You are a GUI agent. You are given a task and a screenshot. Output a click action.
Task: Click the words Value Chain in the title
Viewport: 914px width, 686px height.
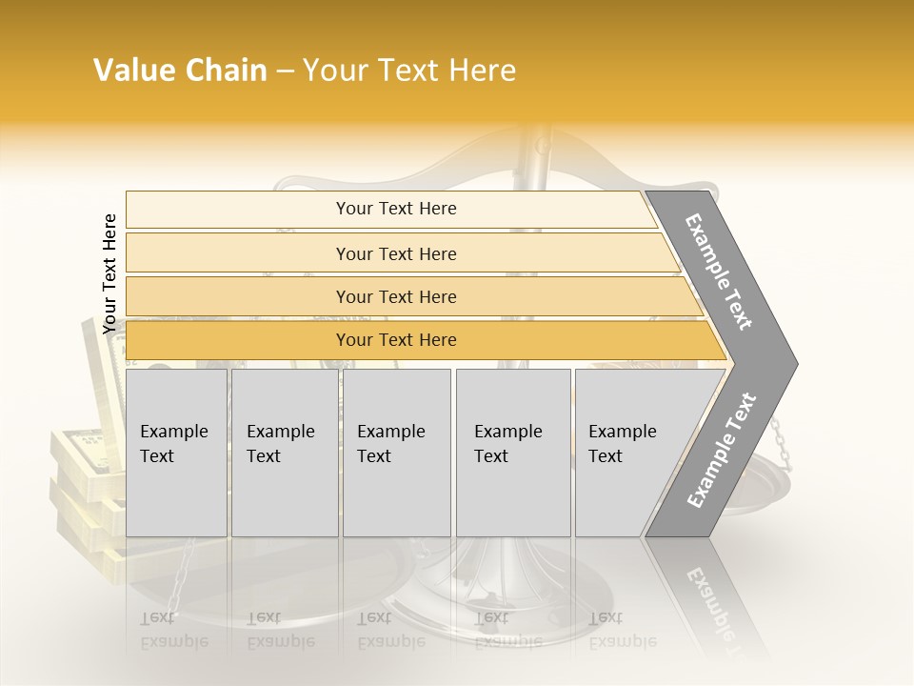point(180,71)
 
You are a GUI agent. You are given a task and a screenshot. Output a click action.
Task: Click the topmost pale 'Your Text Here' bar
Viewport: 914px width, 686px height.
point(395,209)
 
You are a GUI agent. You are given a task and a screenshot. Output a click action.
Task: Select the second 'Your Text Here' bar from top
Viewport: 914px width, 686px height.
point(395,253)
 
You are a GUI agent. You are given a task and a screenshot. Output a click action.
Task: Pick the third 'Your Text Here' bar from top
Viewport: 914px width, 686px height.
point(395,296)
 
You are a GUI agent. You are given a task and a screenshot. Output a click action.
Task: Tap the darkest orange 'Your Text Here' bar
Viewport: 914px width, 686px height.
point(395,340)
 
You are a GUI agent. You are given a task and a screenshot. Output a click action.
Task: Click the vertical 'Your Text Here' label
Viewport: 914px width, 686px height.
point(109,273)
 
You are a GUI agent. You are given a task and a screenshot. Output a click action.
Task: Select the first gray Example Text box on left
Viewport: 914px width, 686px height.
point(176,453)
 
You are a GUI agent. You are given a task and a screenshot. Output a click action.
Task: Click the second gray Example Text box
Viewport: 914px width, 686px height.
point(284,453)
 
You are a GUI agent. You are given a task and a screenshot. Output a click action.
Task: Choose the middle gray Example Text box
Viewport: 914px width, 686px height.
point(396,453)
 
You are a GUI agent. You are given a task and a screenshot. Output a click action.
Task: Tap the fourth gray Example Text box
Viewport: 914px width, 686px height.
point(512,453)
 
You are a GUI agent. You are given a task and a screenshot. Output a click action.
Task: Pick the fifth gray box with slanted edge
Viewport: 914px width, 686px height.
point(633,453)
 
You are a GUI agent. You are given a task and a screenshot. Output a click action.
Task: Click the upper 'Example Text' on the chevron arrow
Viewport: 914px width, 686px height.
point(719,272)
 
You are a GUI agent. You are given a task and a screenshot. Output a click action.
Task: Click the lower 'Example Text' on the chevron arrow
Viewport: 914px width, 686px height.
point(722,451)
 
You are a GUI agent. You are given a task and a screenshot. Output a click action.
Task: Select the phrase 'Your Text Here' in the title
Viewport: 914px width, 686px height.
point(409,71)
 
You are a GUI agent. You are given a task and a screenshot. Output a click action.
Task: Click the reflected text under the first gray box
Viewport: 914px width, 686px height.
point(174,630)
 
